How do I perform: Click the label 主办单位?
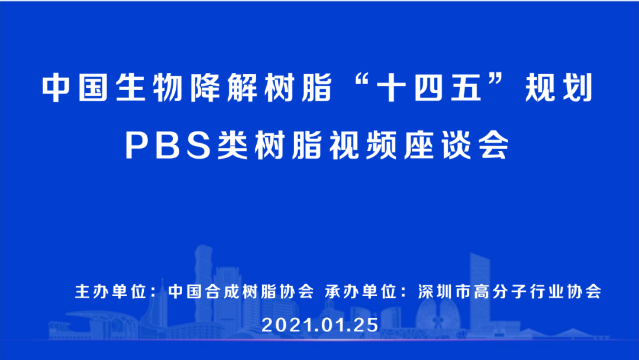[111, 292]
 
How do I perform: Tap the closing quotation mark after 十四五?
[505, 83]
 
